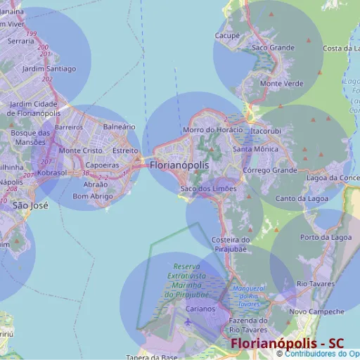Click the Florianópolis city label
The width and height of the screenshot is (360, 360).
[179, 165]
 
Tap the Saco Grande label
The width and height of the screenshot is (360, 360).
[273, 48]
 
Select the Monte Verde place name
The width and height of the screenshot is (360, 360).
[281, 84]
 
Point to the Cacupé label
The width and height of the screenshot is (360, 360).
[227, 35]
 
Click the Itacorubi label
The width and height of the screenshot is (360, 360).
[265, 131]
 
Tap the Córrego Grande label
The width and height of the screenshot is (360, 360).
[269, 170]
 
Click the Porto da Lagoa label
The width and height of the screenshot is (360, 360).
[326, 238]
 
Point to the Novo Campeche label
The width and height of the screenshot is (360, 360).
[316, 311]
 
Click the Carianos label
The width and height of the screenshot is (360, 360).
[200, 309]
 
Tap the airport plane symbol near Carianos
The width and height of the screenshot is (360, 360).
[188, 322]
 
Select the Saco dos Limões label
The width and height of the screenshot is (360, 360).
[208, 188]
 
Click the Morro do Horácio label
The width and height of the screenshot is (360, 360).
[212, 130]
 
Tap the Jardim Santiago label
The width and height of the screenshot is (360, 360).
[49, 69]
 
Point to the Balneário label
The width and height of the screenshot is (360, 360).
[119, 127]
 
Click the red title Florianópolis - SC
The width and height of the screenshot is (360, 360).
[287, 343]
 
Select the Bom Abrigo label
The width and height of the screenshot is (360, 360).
[92, 196]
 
